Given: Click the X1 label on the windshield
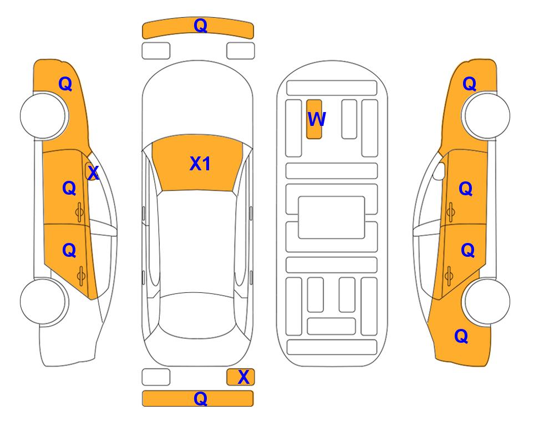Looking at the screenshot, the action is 200,164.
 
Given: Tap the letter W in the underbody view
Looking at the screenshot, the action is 317,119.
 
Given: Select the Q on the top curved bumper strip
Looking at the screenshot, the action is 200,26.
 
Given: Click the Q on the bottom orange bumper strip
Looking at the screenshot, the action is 200,398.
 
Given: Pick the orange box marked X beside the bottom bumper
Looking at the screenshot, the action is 241,377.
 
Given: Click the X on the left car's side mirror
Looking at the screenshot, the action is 93,173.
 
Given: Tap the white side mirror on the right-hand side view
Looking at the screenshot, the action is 439,171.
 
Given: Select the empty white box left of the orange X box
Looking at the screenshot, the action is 156,377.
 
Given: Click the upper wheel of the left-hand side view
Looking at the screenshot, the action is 43,115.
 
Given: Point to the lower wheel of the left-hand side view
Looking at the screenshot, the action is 43,301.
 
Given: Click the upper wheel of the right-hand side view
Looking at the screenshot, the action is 487,115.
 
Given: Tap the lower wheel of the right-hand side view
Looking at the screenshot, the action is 487,301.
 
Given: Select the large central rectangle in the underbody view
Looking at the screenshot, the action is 332,217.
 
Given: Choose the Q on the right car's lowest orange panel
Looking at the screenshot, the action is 461,336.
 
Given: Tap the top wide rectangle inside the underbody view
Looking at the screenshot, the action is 332,88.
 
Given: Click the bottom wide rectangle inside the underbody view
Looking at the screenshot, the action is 332,347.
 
